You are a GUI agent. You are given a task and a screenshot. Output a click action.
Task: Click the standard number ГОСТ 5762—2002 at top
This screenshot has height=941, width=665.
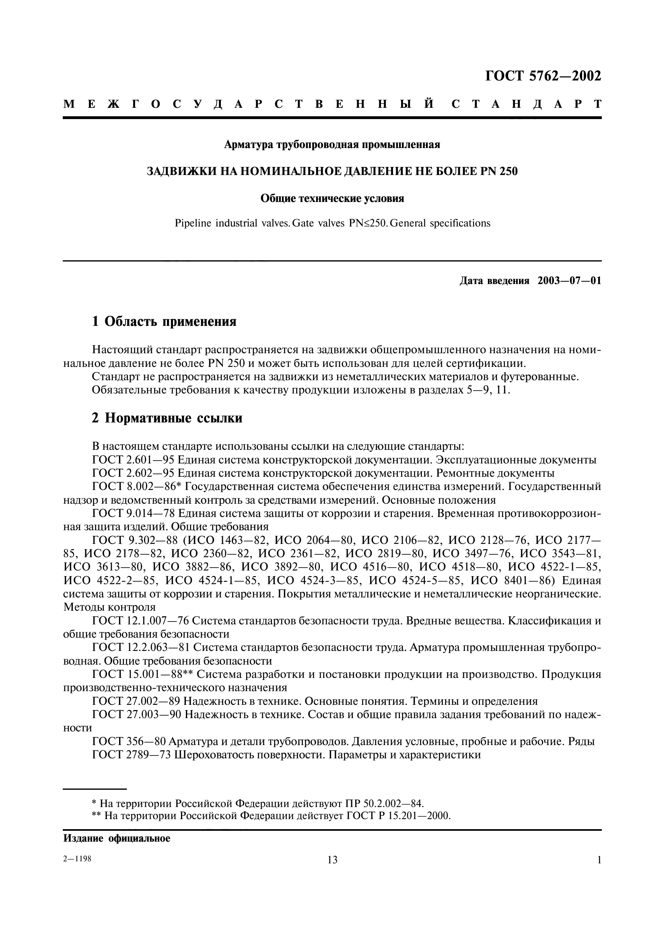pos(543,76)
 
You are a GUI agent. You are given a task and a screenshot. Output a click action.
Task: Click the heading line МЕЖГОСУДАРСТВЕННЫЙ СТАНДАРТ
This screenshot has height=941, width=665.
pos(332,104)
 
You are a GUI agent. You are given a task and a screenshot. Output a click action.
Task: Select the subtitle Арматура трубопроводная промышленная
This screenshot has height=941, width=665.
pos(332,145)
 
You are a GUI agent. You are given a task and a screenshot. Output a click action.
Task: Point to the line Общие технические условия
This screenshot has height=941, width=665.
pos(332,199)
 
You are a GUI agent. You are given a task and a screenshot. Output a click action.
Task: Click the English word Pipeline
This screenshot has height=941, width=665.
pos(193,223)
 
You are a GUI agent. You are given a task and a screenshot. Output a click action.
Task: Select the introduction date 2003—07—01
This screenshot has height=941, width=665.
pos(569,281)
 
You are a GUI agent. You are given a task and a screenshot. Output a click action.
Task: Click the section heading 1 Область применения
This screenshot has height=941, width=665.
pos(164,321)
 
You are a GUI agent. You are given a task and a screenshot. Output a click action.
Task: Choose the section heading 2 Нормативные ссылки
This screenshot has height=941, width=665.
pos(167,418)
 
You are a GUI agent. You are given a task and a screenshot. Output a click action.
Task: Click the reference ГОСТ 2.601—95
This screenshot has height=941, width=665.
pos(133,460)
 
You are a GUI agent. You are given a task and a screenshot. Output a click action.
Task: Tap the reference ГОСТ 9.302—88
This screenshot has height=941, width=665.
pos(133,541)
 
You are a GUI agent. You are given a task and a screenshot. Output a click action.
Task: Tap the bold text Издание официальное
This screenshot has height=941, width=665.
pos(117,838)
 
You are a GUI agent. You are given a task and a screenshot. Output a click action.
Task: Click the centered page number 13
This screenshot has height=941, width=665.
pos(332,859)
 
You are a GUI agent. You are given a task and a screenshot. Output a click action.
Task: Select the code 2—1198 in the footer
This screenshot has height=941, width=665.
pos(77,859)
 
